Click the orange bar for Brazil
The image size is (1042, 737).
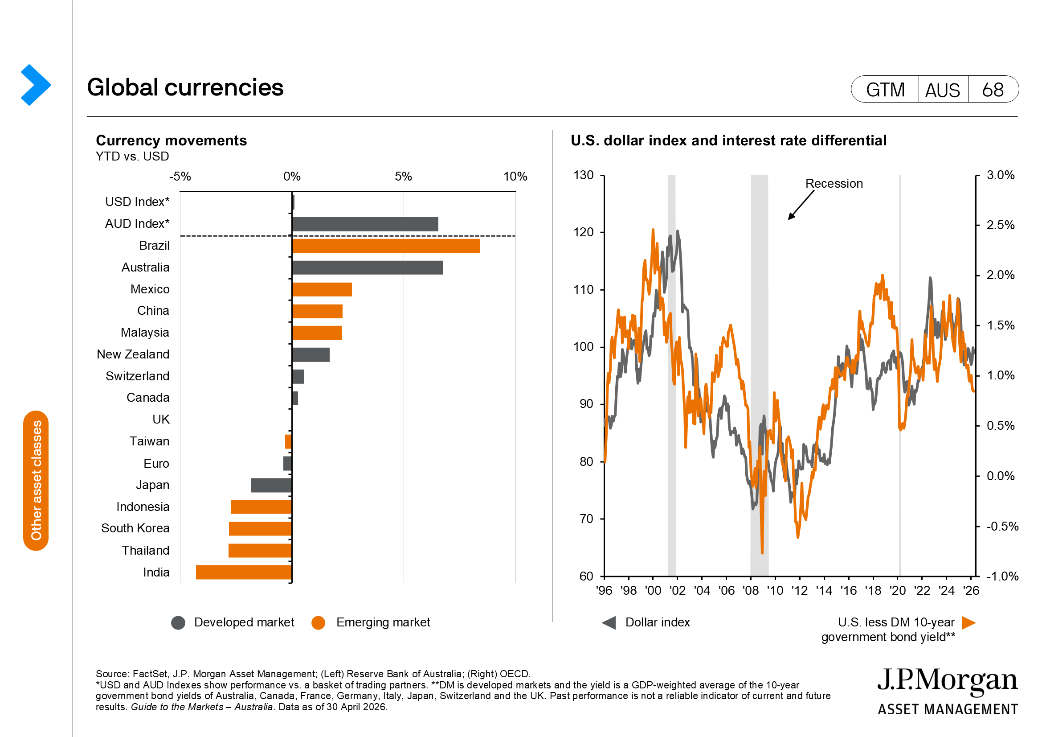click(x=386, y=246)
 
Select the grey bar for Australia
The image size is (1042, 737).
click(x=368, y=268)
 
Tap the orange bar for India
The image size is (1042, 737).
click(x=244, y=572)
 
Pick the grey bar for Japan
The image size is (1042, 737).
click(x=271, y=485)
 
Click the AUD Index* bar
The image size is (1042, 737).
click(x=365, y=224)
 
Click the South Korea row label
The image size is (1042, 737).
click(x=135, y=528)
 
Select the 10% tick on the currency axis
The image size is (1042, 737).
click(x=515, y=177)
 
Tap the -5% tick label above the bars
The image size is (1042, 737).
click(x=180, y=177)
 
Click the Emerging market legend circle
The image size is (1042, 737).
click(x=319, y=622)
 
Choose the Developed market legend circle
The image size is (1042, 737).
click(x=178, y=622)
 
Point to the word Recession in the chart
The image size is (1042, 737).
click(x=834, y=183)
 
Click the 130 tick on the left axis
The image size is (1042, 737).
click(x=584, y=175)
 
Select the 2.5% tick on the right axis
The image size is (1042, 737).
click(x=1001, y=225)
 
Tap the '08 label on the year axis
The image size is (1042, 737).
click(x=751, y=590)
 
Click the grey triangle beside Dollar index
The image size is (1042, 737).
click(x=609, y=622)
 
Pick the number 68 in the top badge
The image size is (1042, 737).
click(x=993, y=90)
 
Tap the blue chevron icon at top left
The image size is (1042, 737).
click(x=36, y=85)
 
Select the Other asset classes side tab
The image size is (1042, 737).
click(x=36, y=481)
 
